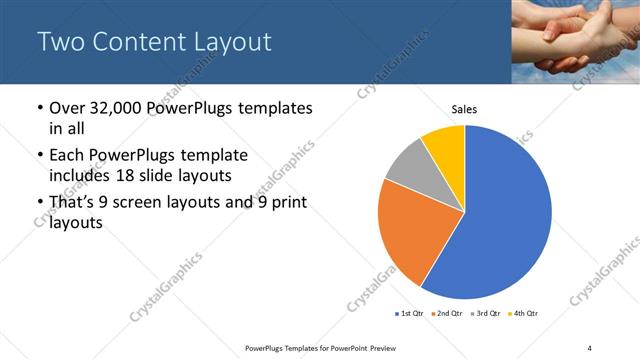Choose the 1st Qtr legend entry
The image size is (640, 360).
[x=411, y=314]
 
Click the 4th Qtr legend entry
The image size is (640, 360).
[x=524, y=314]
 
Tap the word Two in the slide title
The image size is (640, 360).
[x=57, y=42]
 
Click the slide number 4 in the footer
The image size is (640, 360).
[x=589, y=347]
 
